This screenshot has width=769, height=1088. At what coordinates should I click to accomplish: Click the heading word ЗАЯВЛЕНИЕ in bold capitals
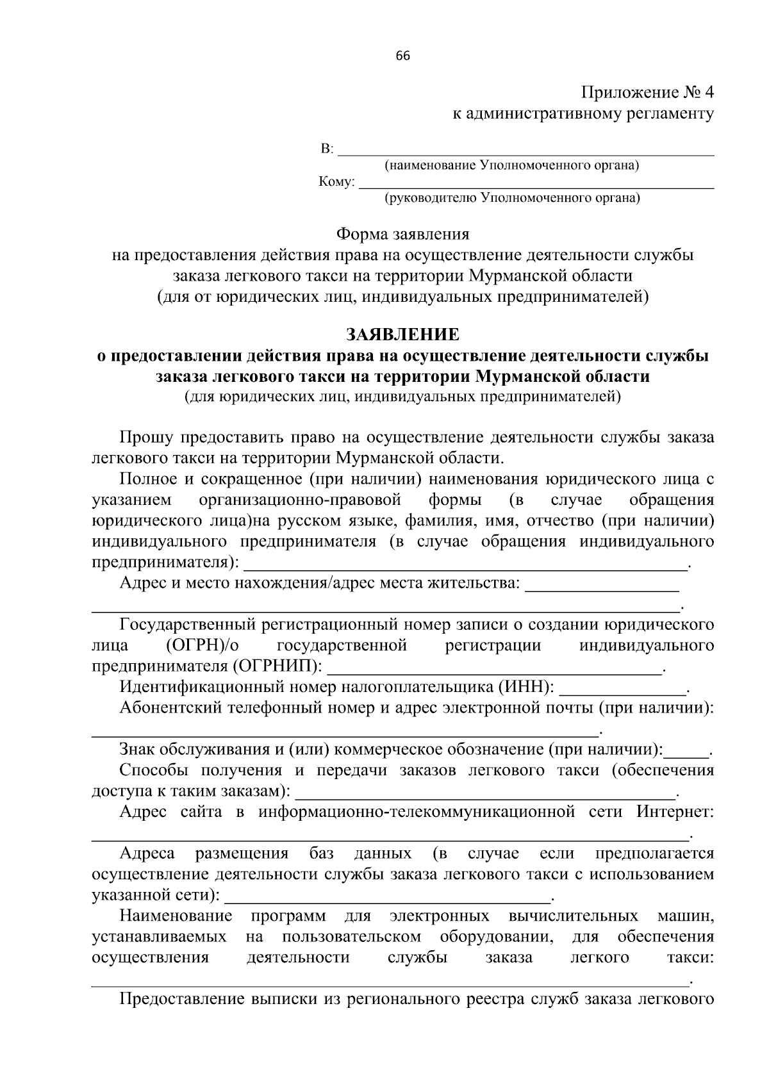402,334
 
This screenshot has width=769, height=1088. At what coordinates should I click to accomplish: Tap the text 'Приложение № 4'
647,93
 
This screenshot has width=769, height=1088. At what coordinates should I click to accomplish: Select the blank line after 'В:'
525,151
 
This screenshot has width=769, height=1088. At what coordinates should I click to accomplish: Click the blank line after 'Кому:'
536,184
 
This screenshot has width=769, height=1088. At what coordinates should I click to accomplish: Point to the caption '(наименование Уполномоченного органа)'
511,166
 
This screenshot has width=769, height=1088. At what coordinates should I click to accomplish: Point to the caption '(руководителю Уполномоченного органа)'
511,198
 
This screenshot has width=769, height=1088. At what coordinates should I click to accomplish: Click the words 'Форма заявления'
402,235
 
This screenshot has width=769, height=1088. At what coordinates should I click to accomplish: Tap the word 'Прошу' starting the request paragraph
147,438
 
